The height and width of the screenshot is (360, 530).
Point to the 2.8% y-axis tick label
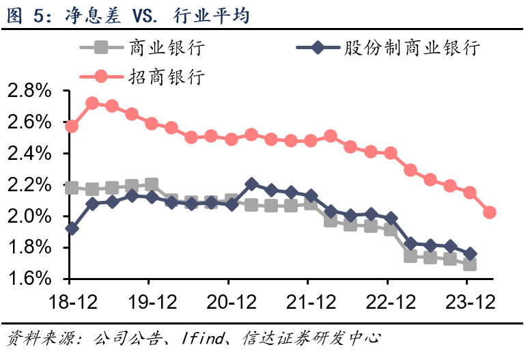click(29, 91)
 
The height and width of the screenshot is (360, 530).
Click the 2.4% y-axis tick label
click(29, 154)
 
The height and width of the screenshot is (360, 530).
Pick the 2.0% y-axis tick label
click(29, 217)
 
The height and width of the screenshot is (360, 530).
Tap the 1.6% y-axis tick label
click(29, 279)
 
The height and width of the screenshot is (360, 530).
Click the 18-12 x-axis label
click(70, 301)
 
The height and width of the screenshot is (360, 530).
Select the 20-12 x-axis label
click(228, 301)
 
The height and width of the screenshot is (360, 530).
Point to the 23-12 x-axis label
click(467, 301)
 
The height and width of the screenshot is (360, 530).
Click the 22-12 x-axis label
click(387, 301)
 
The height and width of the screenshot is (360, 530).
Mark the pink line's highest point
click(92, 103)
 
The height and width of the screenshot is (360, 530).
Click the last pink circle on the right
click(489, 212)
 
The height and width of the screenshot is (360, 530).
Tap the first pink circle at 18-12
click(71, 126)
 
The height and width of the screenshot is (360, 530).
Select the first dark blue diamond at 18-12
click(71, 228)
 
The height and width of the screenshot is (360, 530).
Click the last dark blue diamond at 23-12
click(469, 253)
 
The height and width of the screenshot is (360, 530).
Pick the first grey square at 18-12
click(71, 187)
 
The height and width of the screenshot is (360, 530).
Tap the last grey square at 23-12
click(469, 264)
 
